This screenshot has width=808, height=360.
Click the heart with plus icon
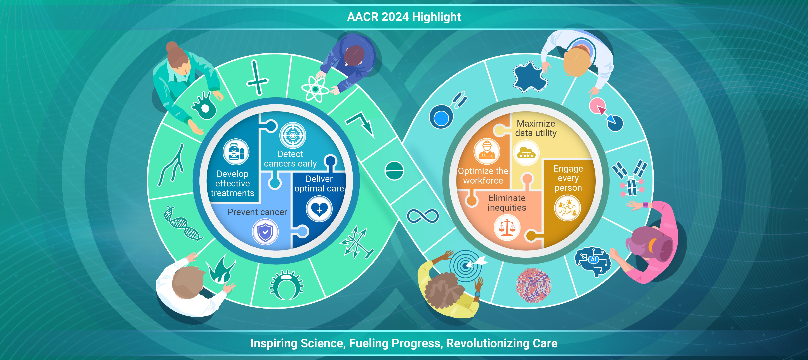(x=319, y=209)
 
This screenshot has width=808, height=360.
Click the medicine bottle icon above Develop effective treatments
(x=236, y=152)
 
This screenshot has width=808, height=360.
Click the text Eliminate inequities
(x=507, y=203)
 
